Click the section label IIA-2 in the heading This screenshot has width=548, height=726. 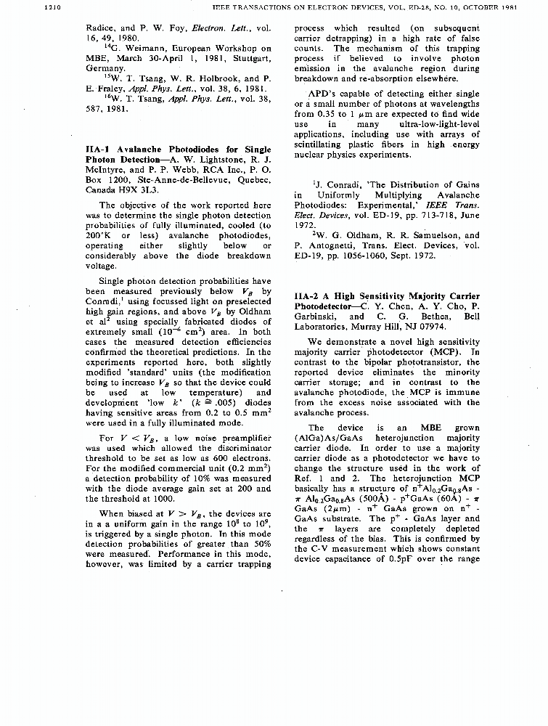coord(309,296)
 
